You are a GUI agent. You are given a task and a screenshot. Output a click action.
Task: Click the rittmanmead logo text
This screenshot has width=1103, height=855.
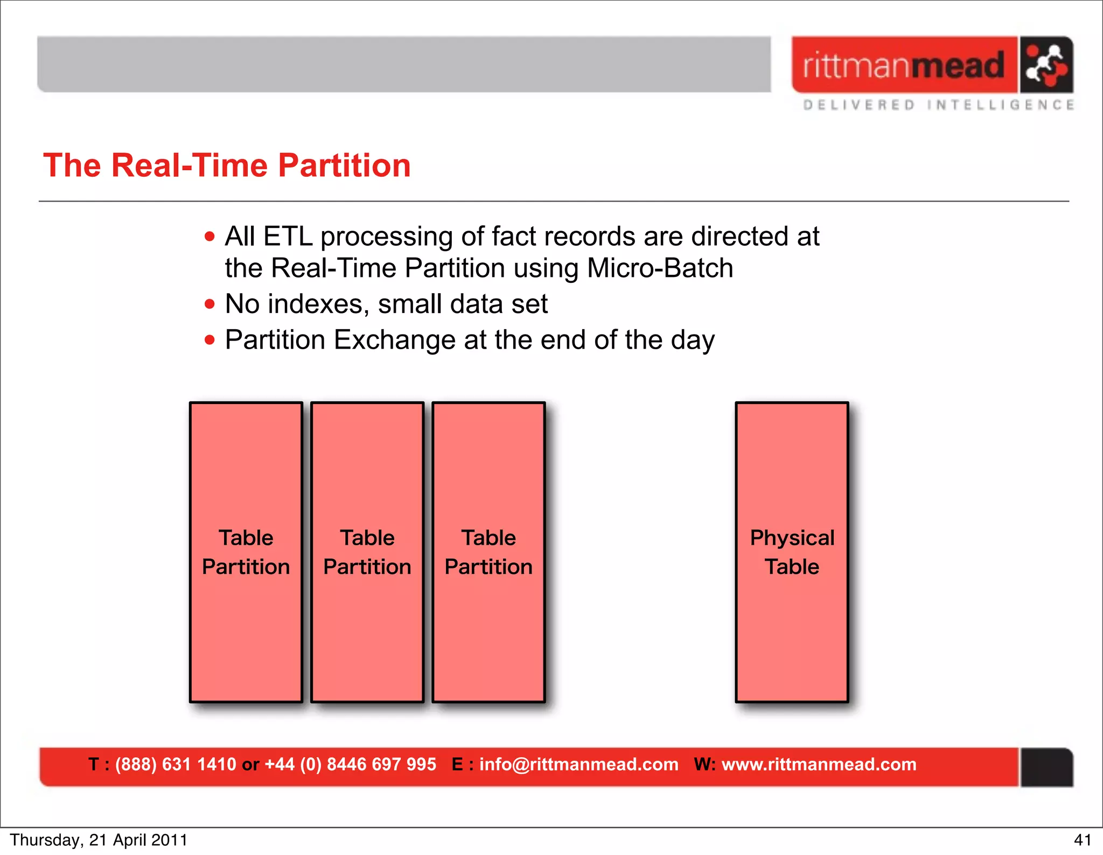904,65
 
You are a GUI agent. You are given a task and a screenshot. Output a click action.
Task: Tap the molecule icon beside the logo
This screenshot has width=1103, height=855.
1045,65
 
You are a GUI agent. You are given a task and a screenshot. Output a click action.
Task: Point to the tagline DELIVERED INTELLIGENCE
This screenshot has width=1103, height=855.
938,105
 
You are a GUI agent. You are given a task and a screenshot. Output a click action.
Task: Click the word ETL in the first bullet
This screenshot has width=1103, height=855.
288,237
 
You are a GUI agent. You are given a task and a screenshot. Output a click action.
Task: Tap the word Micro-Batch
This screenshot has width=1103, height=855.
660,268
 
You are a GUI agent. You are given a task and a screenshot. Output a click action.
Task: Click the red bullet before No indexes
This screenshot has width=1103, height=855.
210,304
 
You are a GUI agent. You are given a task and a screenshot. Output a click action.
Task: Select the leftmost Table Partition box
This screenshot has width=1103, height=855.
246,552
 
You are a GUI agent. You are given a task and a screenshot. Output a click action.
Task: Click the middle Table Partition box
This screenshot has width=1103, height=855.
367,552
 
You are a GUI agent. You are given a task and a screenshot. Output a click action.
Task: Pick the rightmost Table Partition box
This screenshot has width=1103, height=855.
488,552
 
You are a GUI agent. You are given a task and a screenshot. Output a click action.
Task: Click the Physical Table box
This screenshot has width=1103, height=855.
792,552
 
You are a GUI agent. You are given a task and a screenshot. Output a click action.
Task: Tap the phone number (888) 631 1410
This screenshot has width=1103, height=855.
176,764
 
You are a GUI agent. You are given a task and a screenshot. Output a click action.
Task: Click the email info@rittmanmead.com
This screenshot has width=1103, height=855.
578,764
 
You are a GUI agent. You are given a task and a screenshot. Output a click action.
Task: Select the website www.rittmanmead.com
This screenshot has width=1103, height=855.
819,764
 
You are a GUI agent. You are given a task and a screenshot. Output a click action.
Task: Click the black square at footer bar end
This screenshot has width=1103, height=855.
1046,767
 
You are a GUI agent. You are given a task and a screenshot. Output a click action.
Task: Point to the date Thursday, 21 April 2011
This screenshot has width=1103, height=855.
99,840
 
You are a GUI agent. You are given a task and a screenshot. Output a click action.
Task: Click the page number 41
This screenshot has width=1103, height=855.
1082,840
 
